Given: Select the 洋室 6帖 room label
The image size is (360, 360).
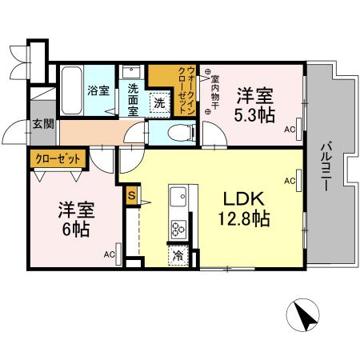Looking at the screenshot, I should [x=78, y=218].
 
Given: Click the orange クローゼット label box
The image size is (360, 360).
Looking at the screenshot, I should [x=57, y=158].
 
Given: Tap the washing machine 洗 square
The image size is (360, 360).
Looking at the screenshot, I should [x=160, y=102].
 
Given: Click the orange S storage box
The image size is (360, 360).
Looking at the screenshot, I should [x=131, y=193].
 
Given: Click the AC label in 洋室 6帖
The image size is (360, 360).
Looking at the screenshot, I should [x=109, y=254].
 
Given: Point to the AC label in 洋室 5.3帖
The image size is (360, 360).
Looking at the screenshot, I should [x=290, y=129].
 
